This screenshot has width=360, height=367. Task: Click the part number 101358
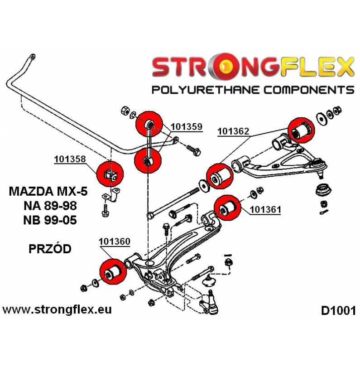70,159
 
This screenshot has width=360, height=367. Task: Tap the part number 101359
187,127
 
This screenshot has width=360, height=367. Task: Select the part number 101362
234,131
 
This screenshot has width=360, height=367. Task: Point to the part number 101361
265,209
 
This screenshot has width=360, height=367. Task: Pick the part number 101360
115,241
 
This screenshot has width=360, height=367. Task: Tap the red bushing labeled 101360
113,271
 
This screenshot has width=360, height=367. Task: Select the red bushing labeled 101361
227,208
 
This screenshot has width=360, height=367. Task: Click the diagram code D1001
338,311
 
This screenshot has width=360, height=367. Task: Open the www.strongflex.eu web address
57,310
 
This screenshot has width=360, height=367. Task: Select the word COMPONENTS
309,90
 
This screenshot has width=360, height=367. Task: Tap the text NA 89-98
50,206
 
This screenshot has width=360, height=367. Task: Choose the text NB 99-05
50,220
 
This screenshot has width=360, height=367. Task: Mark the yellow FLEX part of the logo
317,67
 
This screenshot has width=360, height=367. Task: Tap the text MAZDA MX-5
48,192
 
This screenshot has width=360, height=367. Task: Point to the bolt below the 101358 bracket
105,211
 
